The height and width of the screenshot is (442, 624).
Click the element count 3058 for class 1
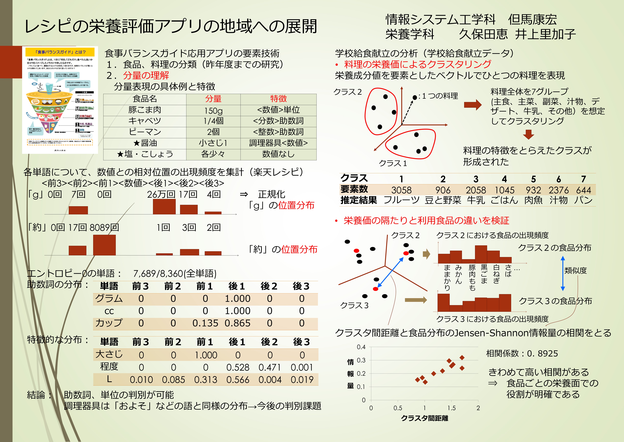click(401, 190)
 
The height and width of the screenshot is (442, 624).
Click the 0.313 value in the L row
click(206, 380)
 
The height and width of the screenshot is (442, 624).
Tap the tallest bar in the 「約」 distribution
click(104, 245)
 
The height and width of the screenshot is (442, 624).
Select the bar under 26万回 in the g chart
click(164, 207)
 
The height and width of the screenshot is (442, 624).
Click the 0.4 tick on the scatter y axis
click(361, 347)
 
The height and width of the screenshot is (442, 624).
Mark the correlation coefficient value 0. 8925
click(542, 354)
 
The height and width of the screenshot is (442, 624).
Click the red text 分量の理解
click(146, 75)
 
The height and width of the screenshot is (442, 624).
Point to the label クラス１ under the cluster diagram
click(393, 163)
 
